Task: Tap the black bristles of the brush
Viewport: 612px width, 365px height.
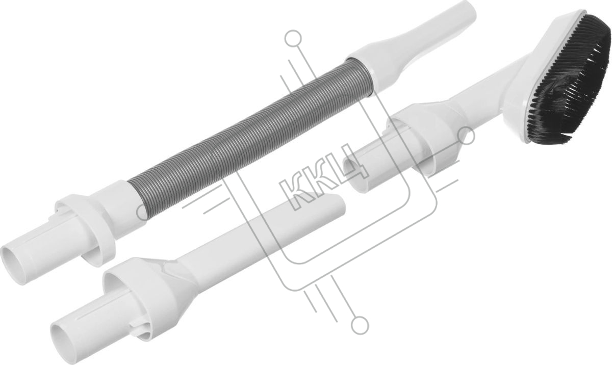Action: [568, 82]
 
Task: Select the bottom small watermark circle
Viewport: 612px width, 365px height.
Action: [360, 326]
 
